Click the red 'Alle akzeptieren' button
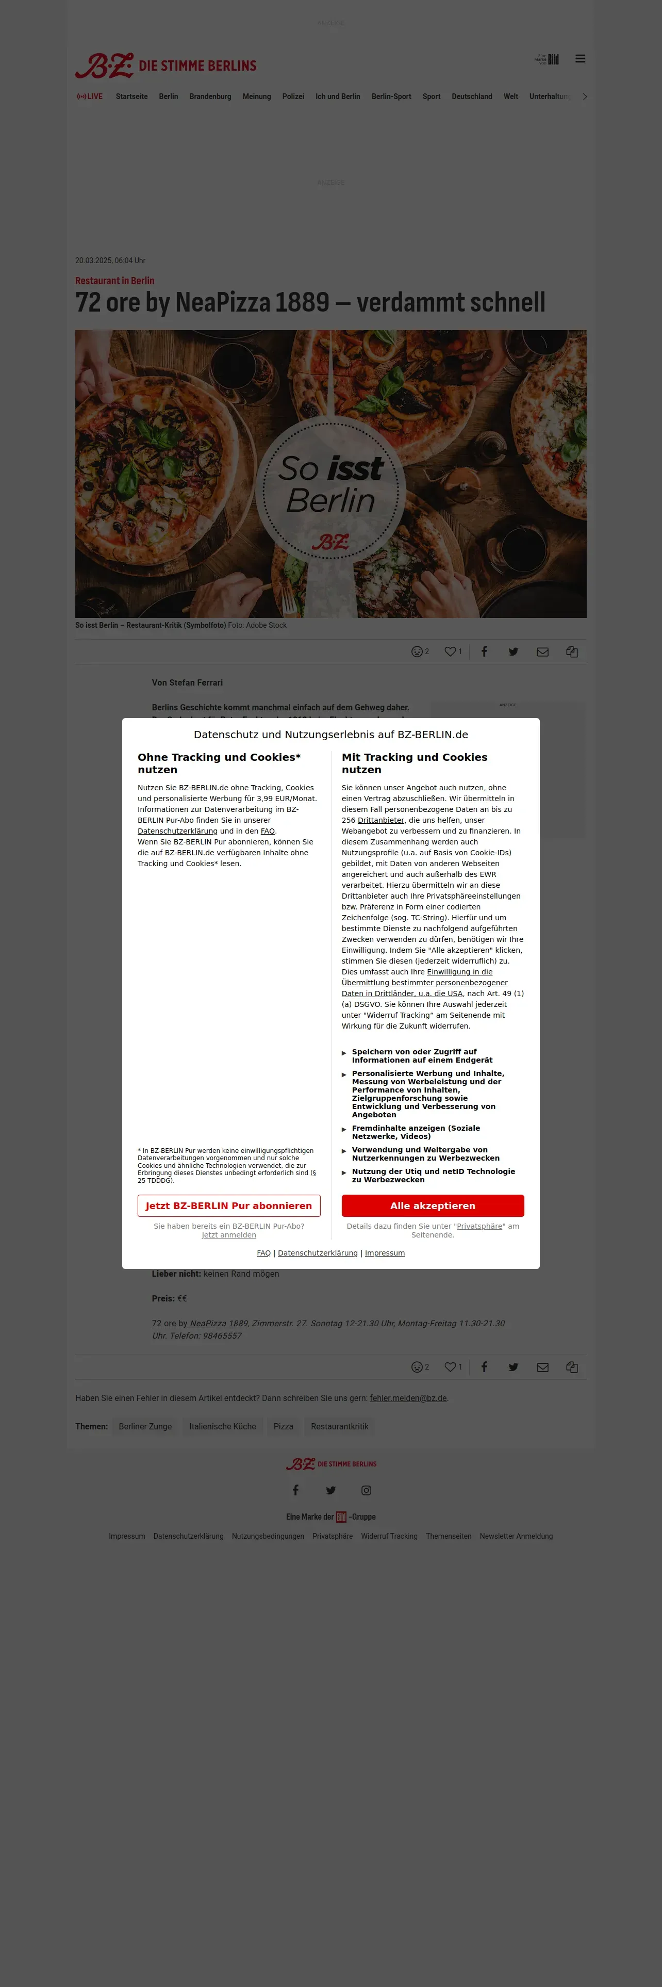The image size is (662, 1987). click(x=433, y=1206)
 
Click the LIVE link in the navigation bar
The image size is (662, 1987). click(x=90, y=96)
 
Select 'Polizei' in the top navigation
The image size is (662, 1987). click(x=293, y=96)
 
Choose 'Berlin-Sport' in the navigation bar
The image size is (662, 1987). click(x=391, y=96)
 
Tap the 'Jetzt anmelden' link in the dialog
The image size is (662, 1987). click(x=229, y=1235)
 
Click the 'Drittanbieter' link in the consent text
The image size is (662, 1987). click(x=380, y=820)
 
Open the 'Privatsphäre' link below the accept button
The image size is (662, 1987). click(x=479, y=1226)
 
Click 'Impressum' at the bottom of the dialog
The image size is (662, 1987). click(x=385, y=1252)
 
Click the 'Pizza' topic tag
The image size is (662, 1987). click(x=284, y=1426)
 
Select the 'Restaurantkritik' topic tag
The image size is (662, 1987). click(x=339, y=1426)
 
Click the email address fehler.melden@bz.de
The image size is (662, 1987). click(x=408, y=1398)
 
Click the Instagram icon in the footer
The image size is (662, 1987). click(x=366, y=1490)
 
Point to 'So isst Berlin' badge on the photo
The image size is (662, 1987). click(x=330, y=491)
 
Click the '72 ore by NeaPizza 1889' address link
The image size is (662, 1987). click(x=200, y=1323)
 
